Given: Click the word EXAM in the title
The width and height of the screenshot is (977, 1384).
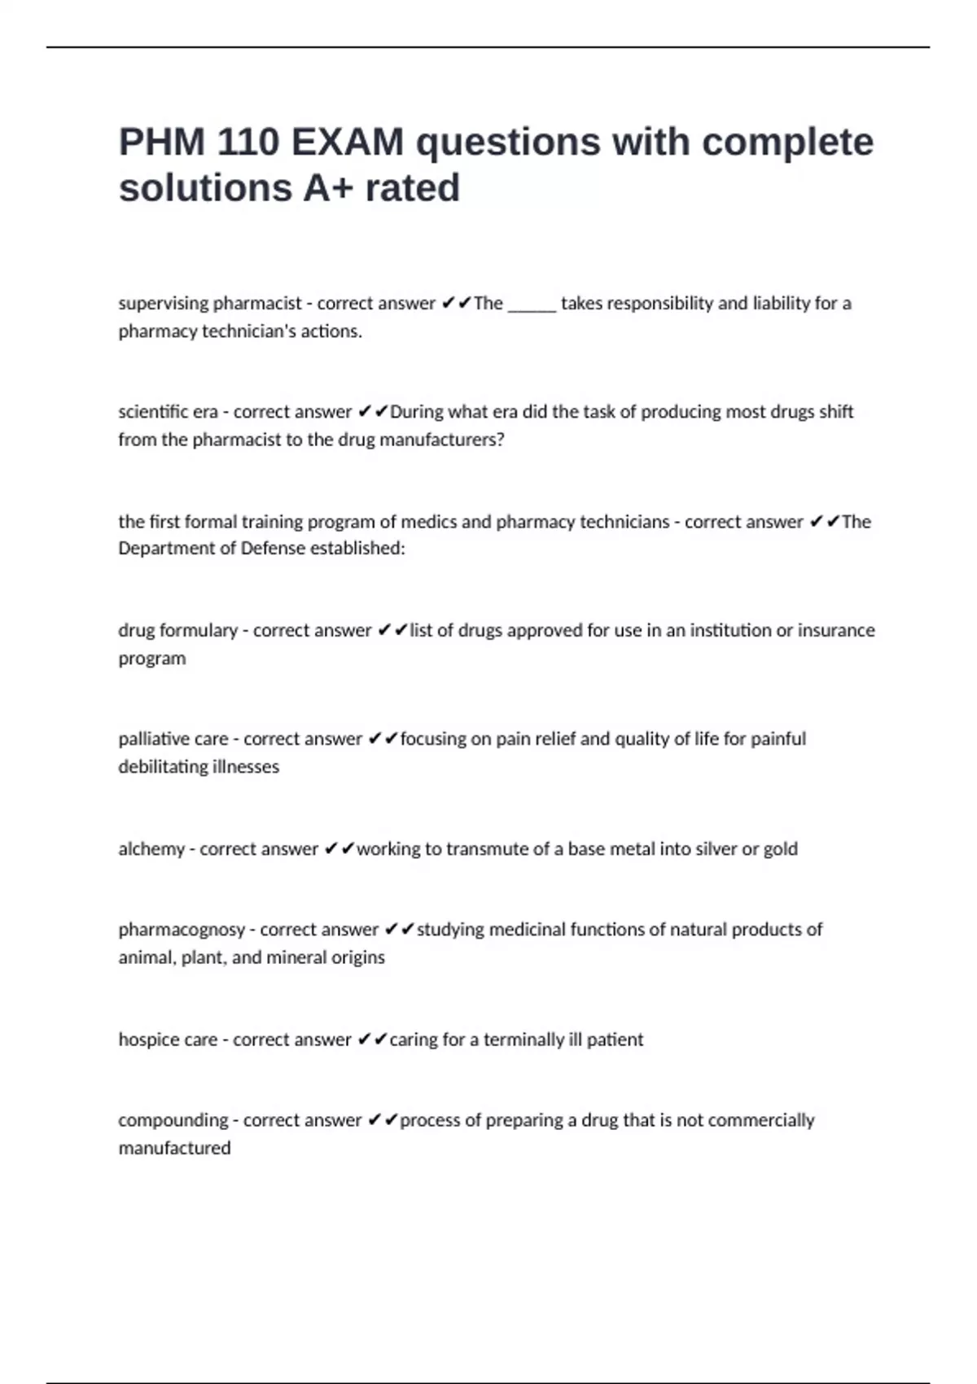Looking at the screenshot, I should [x=347, y=142].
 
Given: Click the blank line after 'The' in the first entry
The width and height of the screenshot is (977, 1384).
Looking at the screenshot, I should [x=532, y=304].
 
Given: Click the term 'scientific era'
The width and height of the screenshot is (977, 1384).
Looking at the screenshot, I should [x=168, y=412].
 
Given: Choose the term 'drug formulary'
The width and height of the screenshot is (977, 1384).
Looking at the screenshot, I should [x=177, y=631].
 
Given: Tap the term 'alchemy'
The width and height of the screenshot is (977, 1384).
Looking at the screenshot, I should [x=151, y=849].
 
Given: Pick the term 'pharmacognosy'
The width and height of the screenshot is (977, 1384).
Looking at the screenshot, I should [x=182, y=930].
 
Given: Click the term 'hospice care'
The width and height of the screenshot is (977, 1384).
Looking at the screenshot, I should [x=168, y=1040].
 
